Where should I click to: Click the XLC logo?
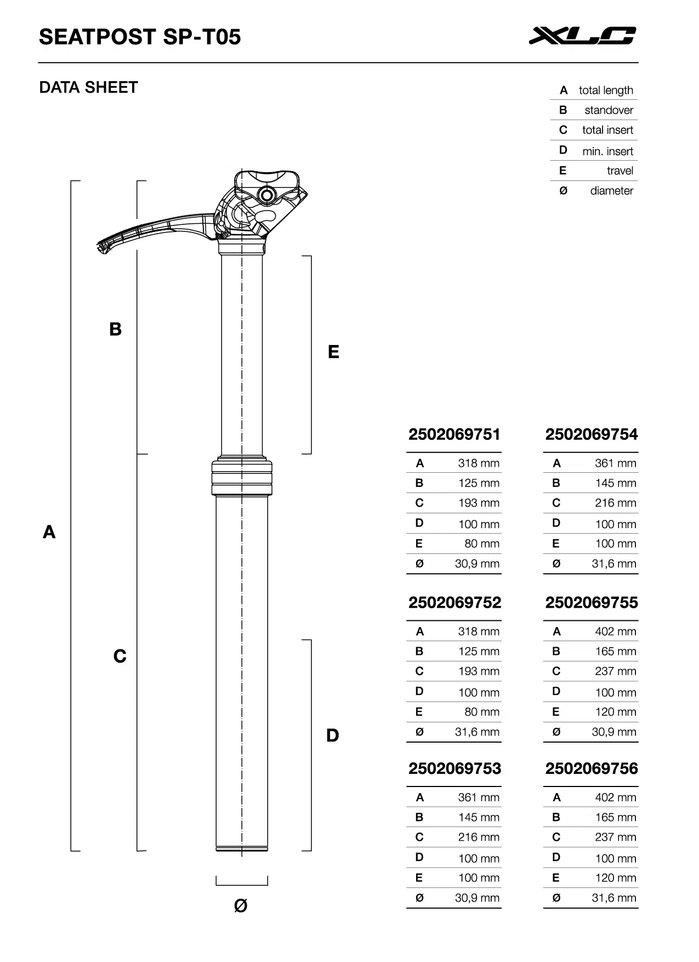tap(582, 36)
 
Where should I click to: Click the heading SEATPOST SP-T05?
tap(140, 37)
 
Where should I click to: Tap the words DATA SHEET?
tap(88, 88)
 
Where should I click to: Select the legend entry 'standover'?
tap(609, 110)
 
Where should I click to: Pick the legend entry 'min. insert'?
tap(607, 151)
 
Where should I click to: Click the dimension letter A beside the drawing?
tap(49, 532)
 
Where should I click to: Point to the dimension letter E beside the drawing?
tap(333, 352)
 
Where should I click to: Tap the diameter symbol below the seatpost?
tap(241, 906)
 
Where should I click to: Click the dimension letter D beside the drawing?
tap(333, 735)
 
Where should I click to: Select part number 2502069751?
tap(454, 435)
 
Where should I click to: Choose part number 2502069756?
tap(592, 769)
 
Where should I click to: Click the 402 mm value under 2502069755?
tap(616, 631)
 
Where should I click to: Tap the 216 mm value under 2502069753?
tap(479, 837)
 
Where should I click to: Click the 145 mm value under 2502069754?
tap(616, 483)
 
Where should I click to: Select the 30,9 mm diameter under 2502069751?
tap(477, 563)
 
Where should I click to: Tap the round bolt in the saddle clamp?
tap(266, 195)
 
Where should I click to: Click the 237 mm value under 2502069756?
tap(616, 837)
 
